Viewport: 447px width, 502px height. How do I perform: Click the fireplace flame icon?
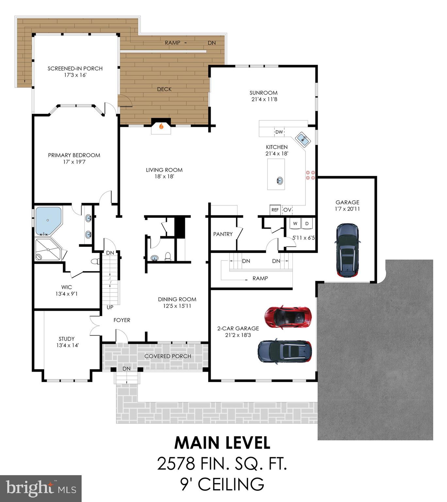[161, 126]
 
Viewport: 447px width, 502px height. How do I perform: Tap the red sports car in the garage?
[288, 317]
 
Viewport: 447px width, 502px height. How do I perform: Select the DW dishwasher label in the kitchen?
[279, 132]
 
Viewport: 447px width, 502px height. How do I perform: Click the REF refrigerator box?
[275, 210]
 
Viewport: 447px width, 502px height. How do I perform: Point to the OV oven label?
[287, 210]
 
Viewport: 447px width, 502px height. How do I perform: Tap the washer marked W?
[295, 224]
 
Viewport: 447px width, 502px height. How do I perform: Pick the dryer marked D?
[307, 224]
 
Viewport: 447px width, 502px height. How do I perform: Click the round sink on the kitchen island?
[280, 180]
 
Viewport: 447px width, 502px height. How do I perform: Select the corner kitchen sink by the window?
[303, 140]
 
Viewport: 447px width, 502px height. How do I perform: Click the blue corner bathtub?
[48, 221]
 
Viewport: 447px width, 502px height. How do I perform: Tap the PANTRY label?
[223, 234]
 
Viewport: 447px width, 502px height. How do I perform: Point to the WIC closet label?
[66, 287]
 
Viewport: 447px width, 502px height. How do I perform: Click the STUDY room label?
[67, 339]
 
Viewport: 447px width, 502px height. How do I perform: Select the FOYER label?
[122, 320]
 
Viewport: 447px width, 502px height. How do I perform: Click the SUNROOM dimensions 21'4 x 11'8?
[264, 99]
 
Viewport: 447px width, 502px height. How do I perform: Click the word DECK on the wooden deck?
[164, 89]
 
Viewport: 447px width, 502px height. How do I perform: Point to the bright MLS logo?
[41, 489]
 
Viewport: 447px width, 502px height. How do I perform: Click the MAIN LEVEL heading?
[222, 443]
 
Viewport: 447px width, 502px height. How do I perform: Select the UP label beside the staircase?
[110, 308]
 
